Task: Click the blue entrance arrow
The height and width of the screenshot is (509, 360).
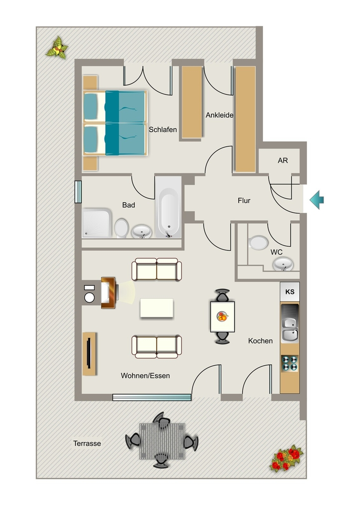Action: [317, 200]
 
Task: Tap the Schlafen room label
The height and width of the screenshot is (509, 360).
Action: [163, 130]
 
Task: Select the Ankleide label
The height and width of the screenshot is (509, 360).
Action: [219, 115]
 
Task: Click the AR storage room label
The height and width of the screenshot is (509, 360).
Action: [283, 161]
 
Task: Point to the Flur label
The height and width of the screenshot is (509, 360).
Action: [244, 201]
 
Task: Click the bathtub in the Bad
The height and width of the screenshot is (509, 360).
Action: [168, 207]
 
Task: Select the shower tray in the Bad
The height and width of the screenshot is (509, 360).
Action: [96, 223]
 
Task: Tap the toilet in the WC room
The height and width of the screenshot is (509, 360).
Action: [259, 243]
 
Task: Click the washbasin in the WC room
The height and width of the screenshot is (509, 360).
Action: [283, 264]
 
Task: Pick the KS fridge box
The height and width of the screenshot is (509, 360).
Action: [289, 291]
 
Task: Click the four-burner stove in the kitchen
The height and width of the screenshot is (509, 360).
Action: [289, 363]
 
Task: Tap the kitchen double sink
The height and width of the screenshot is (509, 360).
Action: [289, 329]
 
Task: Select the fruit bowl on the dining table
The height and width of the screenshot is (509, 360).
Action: [222, 316]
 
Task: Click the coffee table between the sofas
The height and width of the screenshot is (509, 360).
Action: [157, 308]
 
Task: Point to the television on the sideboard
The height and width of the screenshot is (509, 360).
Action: [89, 353]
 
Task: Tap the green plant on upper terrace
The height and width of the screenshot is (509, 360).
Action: [58, 48]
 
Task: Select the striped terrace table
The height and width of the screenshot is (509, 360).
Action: [162, 441]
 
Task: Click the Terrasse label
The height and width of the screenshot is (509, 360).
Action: [87, 443]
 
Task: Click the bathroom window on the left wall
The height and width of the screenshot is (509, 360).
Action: [78, 192]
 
